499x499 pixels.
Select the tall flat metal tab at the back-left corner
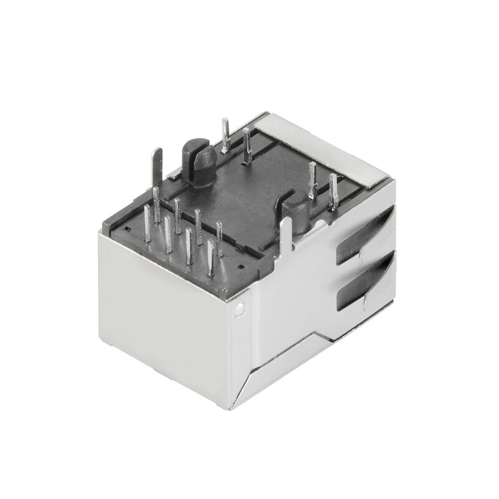pyautogui.click(x=157, y=165)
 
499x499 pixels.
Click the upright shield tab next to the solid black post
pyautogui.click(x=286, y=237)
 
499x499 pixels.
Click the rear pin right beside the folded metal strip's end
pyautogui.click(x=248, y=145)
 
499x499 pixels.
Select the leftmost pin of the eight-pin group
pyautogui.click(x=147, y=223)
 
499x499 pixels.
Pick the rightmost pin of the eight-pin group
pyautogui.click(x=220, y=240)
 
